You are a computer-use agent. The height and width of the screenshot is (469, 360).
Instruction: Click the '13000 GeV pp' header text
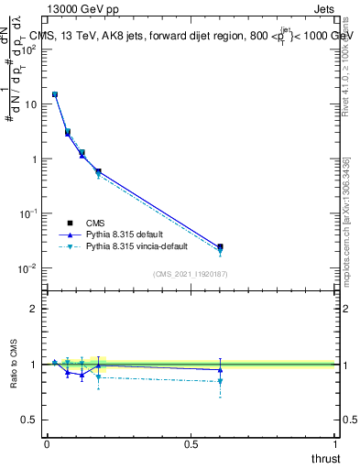(82, 10)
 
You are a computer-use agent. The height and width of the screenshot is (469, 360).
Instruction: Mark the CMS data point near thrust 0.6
(220, 246)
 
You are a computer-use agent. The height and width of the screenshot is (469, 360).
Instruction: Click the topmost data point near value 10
(55, 94)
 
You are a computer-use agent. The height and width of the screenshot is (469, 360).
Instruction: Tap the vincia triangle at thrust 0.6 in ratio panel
(220, 381)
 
